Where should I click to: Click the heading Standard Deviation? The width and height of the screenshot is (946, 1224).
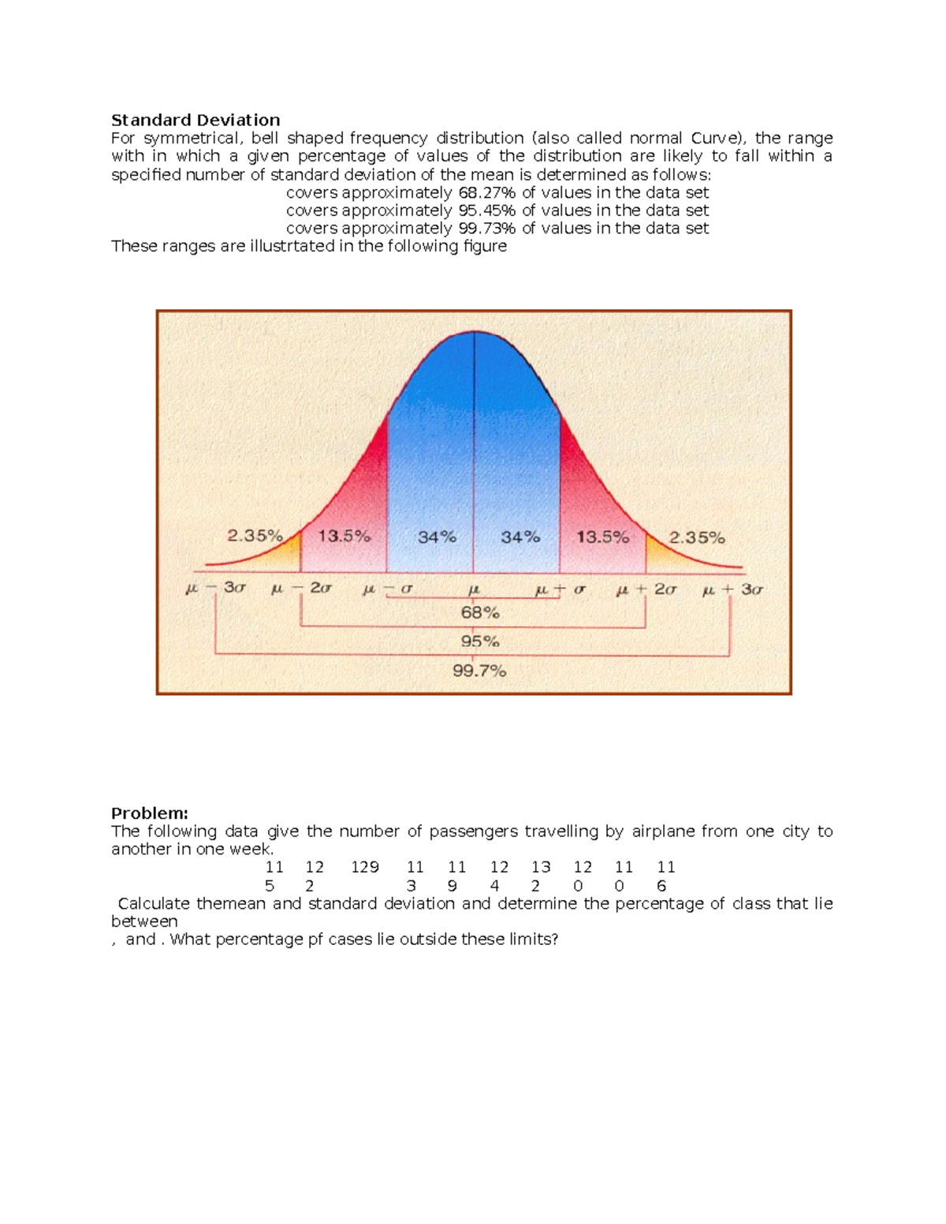click(x=196, y=120)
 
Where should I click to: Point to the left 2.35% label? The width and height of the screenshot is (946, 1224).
click(x=255, y=536)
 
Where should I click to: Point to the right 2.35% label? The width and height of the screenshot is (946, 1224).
click(x=697, y=538)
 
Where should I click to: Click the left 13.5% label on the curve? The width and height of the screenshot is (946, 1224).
click(x=344, y=537)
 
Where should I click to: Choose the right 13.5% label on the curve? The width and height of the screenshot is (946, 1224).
click(x=602, y=538)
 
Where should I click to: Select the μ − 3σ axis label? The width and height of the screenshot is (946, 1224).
click(x=215, y=589)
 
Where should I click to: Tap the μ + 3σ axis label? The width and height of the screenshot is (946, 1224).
click(x=732, y=590)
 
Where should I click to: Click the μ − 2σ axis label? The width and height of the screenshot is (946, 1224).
click(x=301, y=589)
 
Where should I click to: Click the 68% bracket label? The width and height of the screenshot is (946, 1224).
click(x=480, y=612)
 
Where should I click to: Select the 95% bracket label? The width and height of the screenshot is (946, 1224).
click(x=480, y=642)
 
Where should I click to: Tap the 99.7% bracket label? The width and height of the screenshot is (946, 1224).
click(x=479, y=672)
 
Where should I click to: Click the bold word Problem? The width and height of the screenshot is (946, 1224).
click(x=150, y=813)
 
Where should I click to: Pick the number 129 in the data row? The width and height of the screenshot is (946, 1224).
click(x=365, y=867)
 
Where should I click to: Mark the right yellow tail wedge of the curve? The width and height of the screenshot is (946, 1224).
click(x=656, y=552)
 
